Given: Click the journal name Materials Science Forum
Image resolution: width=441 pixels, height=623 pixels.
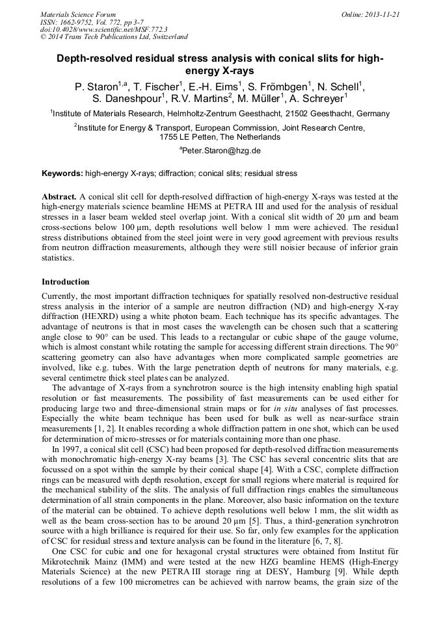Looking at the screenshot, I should (78, 14).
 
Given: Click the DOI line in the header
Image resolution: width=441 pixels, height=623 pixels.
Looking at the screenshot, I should (103, 29).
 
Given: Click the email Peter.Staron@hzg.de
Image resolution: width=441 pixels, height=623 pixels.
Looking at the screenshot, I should (222, 150).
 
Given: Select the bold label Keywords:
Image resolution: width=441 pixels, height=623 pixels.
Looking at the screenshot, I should (62, 173).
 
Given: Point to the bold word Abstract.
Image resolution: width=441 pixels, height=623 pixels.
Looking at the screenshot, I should (59, 196).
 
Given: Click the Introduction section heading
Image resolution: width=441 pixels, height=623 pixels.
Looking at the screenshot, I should (66, 282).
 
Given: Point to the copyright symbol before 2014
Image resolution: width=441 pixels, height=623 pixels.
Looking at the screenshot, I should (44, 37).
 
